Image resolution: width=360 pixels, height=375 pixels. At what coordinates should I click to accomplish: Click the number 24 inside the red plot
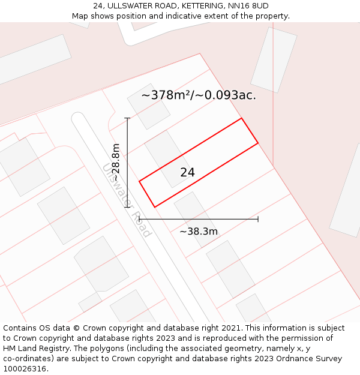(187, 172)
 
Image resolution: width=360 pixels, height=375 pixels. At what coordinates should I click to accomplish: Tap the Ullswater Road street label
(127, 200)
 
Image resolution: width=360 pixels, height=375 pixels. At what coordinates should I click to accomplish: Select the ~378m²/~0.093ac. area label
(199, 95)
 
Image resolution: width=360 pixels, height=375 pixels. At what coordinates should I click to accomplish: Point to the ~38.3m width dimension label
(199, 231)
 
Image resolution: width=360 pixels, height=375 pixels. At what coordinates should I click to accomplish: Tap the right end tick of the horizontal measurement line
(258, 219)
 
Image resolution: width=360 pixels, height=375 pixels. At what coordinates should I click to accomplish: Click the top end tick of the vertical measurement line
(127, 118)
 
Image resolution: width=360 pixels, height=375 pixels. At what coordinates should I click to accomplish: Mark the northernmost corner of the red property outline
(241, 118)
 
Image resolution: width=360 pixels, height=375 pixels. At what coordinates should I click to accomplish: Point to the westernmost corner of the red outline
(139, 181)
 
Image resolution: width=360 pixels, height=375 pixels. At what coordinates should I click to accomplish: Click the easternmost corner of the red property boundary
(258, 143)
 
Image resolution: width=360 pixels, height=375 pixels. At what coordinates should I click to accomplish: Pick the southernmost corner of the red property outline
(155, 208)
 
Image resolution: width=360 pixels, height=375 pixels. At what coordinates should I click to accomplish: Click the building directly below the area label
(149, 106)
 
